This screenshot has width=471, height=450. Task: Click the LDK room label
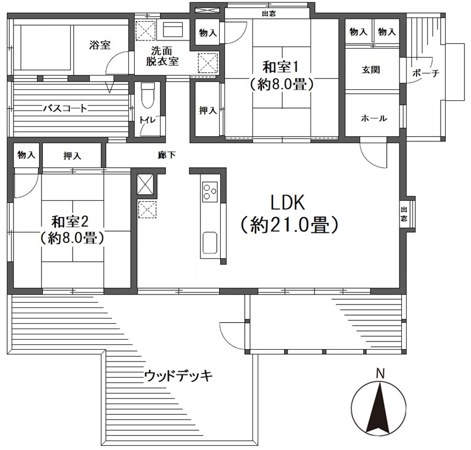(x=288, y=203)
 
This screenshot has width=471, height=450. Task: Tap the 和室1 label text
(x=281, y=67)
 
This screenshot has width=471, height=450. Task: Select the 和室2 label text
(x=70, y=222)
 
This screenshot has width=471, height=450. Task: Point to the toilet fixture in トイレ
(x=148, y=96)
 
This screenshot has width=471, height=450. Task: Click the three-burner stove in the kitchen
(x=209, y=192)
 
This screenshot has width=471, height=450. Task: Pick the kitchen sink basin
(x=210, y=243)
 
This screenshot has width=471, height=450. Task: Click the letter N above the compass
(x=381, y=374)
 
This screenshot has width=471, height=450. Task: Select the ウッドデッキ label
(x=179, y=376)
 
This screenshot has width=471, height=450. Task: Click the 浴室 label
(x=100, y=45)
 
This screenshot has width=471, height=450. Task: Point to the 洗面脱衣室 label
(x=162, y=56)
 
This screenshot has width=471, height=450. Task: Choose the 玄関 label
(x=371, y=70)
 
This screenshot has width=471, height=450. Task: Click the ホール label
(x=374, y=118)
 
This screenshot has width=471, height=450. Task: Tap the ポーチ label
(x=426, y=73)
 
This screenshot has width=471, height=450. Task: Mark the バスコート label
(x=65, y=108)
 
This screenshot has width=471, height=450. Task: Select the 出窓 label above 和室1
(x=269, y=13)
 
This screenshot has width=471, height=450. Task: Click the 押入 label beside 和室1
(x=208, y=110)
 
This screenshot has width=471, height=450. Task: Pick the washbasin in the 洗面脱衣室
(x=173, y=29)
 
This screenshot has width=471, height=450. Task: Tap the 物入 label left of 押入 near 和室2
(x=26, y=155)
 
